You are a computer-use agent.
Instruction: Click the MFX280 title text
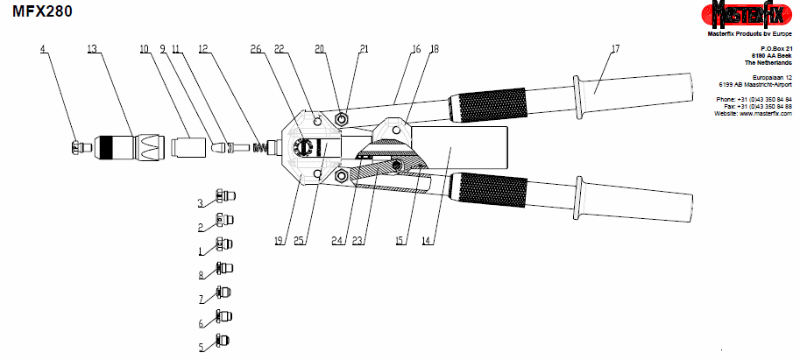pyautogui.click(x=43, y=11)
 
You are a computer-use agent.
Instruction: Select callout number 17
pyautogui.click(x=615, y=49)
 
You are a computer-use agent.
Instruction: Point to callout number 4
pyautogui.click(x=42, y=49)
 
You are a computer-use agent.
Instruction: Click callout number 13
pyautogui.click(x=91, y=49)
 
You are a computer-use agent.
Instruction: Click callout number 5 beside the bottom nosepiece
pyautogui.click(x=201, y=348)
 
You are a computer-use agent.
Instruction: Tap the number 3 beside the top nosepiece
pyautogui.click(x=201, y=203)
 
